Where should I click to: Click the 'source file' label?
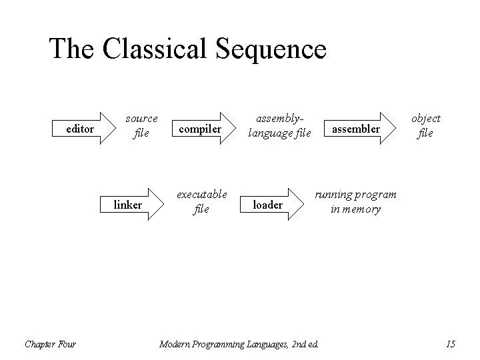(x=141, y=125)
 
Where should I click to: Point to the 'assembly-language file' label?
(x=279, y=125)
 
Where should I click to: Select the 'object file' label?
(x=425, y=125)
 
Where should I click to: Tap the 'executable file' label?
(x=201, y=201)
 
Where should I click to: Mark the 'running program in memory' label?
(x=355, y=201)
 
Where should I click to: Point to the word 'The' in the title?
(x=71, y=49)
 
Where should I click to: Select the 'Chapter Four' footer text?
(x=50, y=344)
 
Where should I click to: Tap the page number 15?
(x=450, y=344)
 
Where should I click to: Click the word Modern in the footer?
(x=175, y=344)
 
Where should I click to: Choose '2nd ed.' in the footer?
(x=304, y=344)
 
